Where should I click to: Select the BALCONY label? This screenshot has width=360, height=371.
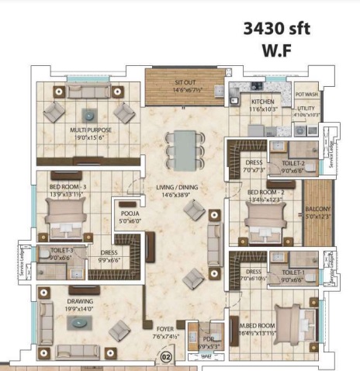pos(317,209)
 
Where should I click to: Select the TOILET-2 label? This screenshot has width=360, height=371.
pos(293,164)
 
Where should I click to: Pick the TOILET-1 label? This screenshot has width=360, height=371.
pos(293,272)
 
